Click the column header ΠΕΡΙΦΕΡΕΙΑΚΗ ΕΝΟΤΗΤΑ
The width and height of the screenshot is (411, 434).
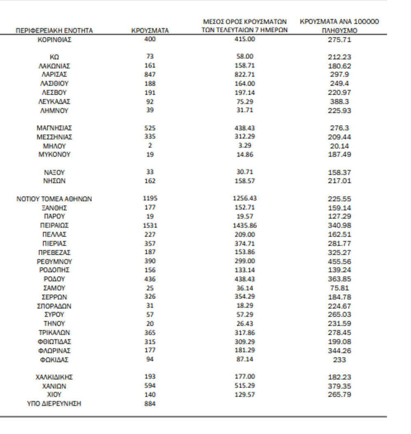(54, 30)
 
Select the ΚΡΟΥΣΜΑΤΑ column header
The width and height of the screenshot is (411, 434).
(150, 30)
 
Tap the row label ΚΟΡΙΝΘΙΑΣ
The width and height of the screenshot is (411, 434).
(54, 40)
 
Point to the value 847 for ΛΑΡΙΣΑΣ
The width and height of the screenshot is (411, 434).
(150, 74)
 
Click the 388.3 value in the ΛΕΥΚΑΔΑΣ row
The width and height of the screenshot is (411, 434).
(339, 102)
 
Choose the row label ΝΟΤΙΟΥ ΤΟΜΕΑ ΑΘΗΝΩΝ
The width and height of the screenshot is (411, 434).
(54, 199)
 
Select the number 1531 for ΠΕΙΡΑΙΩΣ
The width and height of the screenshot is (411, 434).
(150, 225)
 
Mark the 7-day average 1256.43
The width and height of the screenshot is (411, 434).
(245, 199)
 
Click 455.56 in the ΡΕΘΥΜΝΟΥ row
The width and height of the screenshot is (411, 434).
(339, 261)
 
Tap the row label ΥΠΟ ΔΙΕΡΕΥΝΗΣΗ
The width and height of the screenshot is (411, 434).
(54, 404)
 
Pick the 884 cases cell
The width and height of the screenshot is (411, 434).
(150, 404)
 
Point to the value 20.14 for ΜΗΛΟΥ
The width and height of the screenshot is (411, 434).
(339, 146)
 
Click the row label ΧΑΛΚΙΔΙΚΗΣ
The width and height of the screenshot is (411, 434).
(54, 377)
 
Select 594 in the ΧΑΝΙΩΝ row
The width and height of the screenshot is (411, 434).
(150, 386)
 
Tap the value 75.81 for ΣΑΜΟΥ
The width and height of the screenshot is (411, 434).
(339, 288)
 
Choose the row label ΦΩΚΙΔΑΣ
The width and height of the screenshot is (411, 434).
(54, 360)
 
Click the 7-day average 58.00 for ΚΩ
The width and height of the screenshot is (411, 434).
(245, 56)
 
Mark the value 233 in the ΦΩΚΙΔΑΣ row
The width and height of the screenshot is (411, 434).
(339, 360)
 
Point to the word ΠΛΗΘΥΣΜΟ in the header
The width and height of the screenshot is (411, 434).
(339, 30)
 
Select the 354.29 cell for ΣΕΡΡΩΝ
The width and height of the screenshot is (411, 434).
(245, 297)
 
